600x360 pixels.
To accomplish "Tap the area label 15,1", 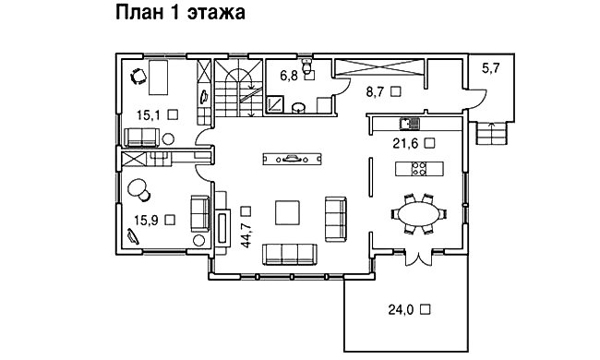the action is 149,114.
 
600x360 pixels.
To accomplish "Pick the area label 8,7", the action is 377,92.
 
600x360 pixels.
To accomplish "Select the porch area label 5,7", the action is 492,67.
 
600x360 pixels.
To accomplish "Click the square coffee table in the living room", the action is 287,212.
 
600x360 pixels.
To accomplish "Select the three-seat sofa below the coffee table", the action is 290,253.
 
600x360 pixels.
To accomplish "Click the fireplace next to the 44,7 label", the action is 222,226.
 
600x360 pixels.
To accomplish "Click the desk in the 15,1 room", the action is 156,78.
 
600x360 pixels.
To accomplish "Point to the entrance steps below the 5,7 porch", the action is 492,136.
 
